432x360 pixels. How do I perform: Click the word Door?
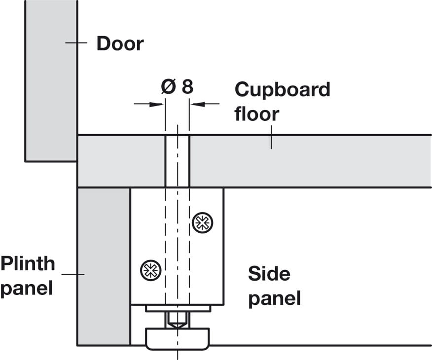click(120, 43)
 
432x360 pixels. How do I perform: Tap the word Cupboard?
click(282, 90)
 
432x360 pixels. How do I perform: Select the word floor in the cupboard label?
click(256, 114)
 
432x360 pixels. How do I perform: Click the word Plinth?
click(28, 263)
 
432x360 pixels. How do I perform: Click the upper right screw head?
click(202, 222)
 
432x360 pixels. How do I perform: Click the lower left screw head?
click(151, 269)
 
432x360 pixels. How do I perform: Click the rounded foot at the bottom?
click(177, 339)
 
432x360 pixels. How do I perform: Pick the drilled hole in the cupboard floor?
click(177, 161)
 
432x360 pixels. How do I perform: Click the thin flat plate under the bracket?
click(178, 308)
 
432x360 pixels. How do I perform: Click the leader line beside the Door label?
click(76, 43)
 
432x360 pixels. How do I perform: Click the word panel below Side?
click(274, 298)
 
